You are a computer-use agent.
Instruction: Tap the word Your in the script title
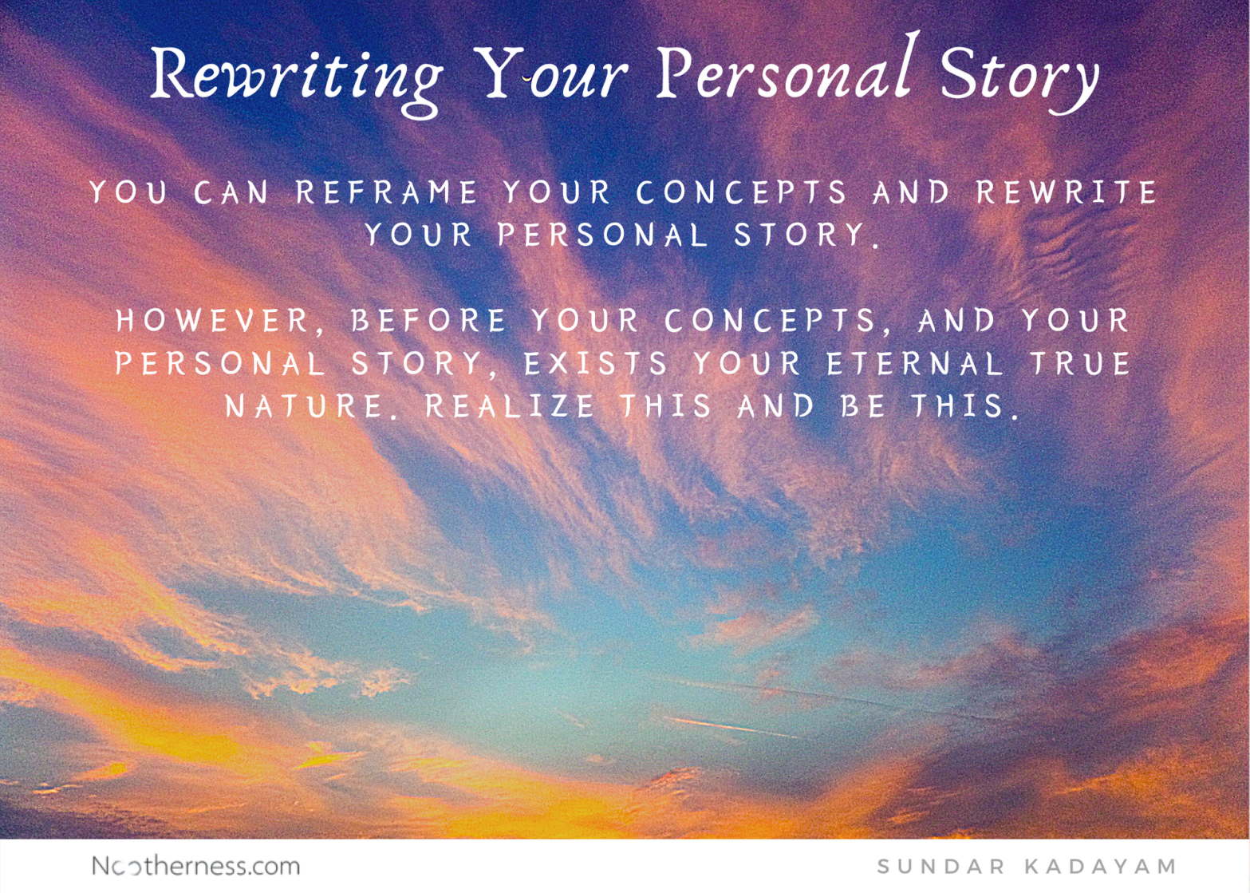550,76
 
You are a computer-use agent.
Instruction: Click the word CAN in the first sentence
232,193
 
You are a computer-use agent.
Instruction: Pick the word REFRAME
387,193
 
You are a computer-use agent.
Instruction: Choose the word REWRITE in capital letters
1067,193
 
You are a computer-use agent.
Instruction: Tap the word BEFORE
428,321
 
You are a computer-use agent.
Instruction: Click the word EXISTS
596,364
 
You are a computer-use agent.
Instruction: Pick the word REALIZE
511,406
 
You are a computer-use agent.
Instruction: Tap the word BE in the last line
864,406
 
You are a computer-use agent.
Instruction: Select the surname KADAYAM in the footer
1101,867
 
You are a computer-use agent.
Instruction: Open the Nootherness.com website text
195,866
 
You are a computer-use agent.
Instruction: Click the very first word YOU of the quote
128,193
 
